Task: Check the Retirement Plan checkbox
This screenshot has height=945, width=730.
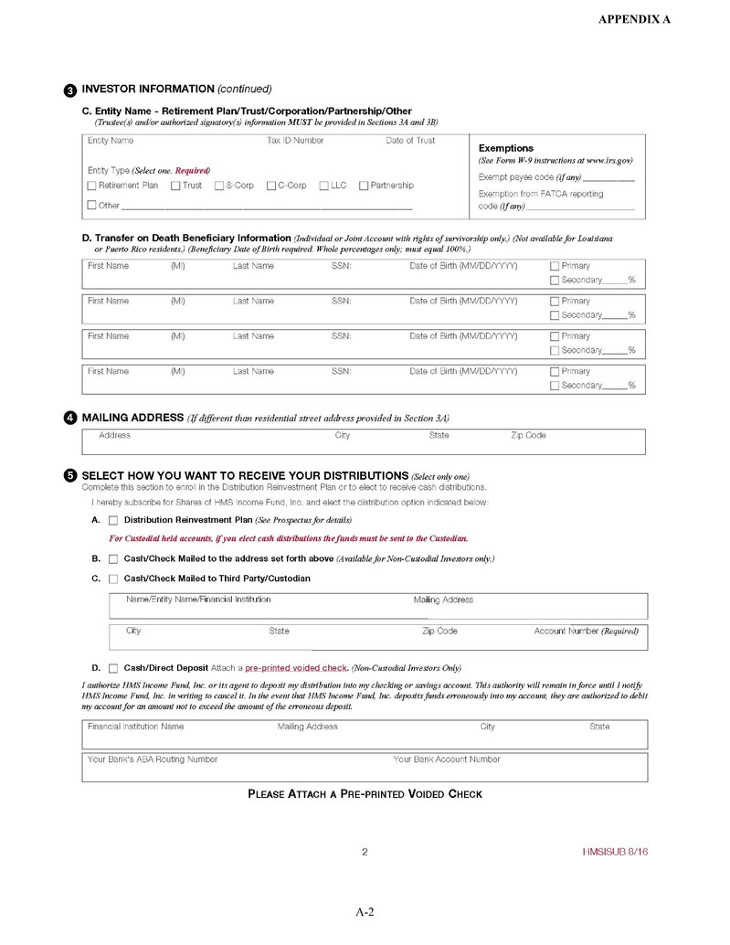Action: [x=91, y=186]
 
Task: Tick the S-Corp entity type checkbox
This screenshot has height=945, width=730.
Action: [x=219, y=186]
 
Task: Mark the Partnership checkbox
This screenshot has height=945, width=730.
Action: [x=364, y=186]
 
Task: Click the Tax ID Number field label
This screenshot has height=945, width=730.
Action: [x=295, y=141]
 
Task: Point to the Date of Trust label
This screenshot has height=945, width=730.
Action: [x=410, y=141]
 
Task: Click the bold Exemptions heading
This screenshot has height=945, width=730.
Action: [x=506, y=148]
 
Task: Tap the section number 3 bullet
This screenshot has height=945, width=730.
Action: [x=70, y=90]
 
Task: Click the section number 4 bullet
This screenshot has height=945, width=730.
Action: [x=70, y=419]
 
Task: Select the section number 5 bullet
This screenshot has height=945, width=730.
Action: [x=70, y=476]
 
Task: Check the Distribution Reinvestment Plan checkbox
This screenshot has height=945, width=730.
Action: [x=113, y=520]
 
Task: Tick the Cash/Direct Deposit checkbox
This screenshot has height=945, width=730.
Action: [x=113, y=668]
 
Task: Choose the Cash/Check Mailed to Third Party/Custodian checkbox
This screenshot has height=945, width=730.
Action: [x=113, y=579]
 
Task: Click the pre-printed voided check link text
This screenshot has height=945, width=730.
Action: [x=296, y=668]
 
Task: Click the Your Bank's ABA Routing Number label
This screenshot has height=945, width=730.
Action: [x=153, y=759]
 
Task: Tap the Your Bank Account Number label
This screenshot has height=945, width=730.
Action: [x=447, y=759]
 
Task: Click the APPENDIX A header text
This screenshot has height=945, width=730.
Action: [x=634, y=19]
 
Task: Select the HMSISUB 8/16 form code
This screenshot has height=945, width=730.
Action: [x=615, y=852]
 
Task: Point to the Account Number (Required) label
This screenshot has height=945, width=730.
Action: [x=586, y=632]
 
